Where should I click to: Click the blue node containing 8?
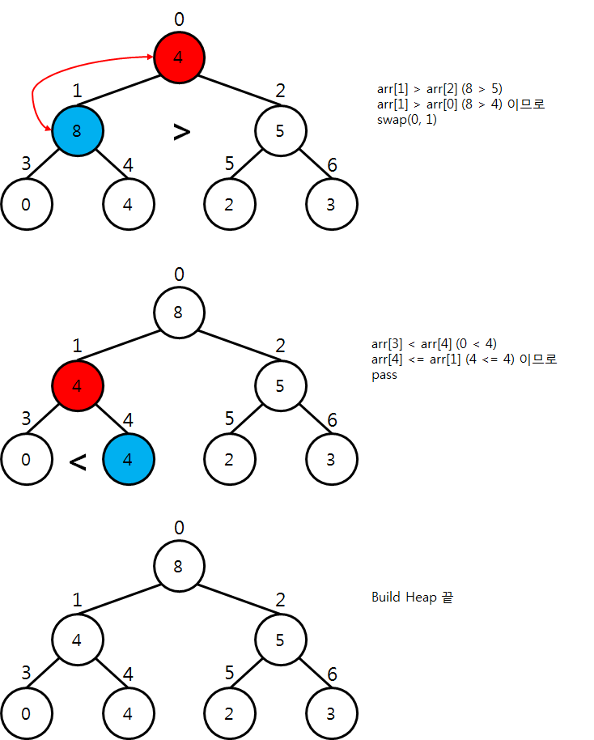(77, 130)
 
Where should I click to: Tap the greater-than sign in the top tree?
(181, 132)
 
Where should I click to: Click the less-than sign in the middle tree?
(78, 462)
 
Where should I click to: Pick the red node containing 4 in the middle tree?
(77, 385)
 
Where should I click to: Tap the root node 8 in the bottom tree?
(179, 566)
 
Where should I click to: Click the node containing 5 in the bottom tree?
(280, 640)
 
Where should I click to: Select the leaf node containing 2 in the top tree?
(229, 204)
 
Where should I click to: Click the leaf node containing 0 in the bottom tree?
(26, 714)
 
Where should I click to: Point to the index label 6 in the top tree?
(332, 165)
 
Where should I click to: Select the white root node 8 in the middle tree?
(179, 312)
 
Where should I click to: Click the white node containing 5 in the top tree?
(280, 130)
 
